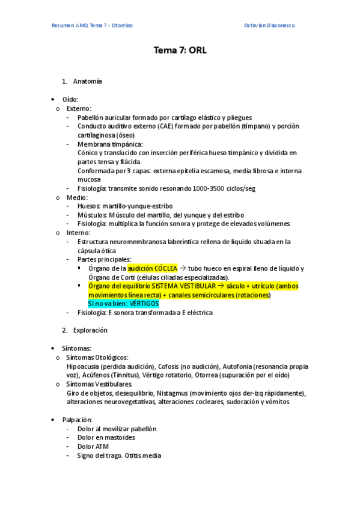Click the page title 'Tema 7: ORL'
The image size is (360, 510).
pos(180,51)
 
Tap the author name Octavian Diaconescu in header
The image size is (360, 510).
pos(270,25)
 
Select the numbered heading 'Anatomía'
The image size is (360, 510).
pos(88,81)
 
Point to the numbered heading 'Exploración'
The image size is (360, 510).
pos(90,330)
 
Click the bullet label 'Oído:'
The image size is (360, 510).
pos(70,99)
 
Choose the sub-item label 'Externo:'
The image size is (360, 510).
pos(79,108)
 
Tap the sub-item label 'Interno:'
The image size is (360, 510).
pos(79,233)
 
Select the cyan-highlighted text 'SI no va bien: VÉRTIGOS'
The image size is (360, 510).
pos(123,304)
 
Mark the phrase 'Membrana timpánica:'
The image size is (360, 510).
pos(110,144)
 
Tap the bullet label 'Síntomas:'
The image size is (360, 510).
pos(77,348)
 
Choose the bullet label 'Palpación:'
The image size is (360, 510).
pos(78,419)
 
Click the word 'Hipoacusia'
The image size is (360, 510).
pos(83,366)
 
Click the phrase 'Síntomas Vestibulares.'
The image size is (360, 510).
pos(100,384)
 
